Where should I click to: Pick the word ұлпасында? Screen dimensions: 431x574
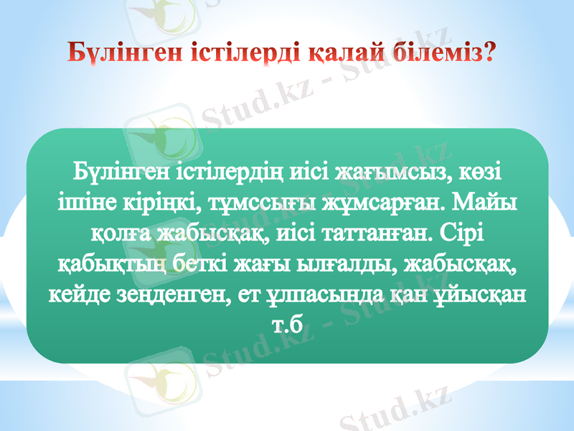tap(330, 295)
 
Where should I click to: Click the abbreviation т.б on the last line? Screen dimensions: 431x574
tap(286, 325)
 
